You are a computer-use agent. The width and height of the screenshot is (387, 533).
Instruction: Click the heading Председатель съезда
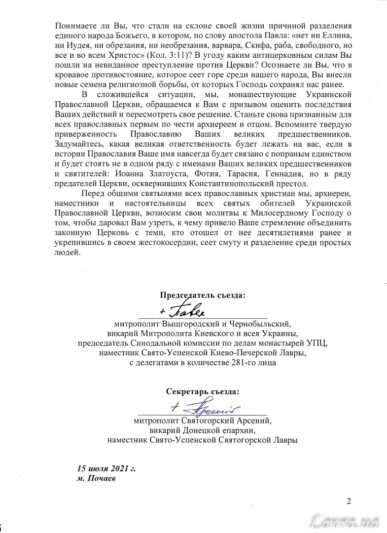[203, 295]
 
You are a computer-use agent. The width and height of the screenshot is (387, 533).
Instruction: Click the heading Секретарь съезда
[203, 392]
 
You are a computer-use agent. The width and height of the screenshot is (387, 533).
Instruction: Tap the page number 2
[349, 502]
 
